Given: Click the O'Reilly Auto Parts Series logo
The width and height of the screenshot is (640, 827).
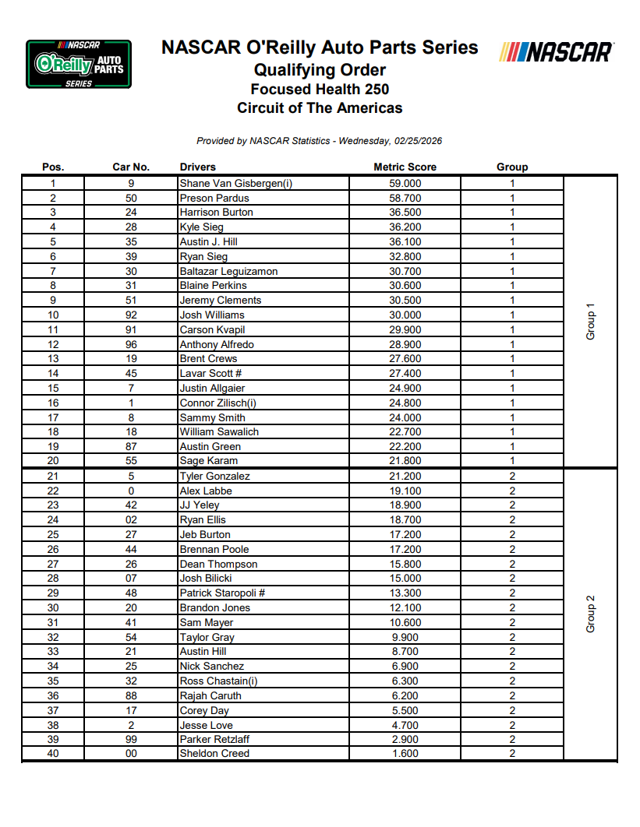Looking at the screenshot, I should tap(79, 64).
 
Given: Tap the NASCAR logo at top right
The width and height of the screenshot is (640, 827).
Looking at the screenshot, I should tap(557, 52).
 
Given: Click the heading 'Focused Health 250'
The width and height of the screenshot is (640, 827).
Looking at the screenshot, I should tap(320, 90).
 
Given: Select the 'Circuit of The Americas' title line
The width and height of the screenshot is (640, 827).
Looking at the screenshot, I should tap(320, 108).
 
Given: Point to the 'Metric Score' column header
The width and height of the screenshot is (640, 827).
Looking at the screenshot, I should tap(405, 167).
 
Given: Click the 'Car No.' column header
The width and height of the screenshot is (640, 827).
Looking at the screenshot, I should tap(131, 167).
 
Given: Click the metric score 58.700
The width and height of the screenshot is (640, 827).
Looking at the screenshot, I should tap(405, 199).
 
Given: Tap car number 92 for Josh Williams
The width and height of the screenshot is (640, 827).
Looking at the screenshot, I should tap(131, 315).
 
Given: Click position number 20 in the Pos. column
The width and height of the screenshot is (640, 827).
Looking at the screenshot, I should tap(52, 461).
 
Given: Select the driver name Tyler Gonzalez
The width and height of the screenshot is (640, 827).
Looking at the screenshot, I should tap(215, 476).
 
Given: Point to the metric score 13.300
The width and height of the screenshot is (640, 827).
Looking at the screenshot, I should tap(405, 593).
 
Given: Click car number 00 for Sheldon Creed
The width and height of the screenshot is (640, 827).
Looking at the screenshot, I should tap(131, 754).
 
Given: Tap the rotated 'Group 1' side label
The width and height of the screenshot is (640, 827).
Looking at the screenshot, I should tap(590, 325).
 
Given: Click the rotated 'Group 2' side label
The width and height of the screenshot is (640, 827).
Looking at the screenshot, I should tap(590, 614).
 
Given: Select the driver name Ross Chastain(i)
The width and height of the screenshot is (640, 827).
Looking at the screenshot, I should tap(218, 681).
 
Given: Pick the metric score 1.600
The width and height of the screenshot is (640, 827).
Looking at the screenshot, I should tap(405, 754).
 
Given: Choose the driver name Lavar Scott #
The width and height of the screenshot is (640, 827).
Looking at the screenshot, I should tap(210, 374).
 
